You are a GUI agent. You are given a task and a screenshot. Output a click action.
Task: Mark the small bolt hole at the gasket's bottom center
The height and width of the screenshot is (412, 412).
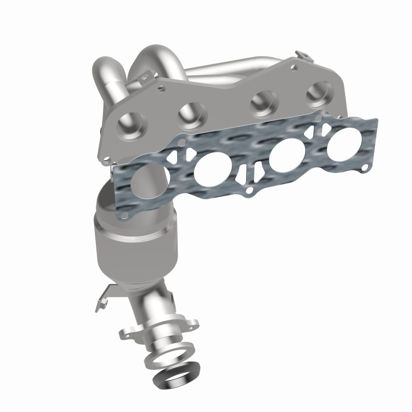coord(250,191)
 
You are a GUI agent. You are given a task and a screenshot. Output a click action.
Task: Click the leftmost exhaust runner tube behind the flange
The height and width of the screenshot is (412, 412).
coord(108,82)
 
